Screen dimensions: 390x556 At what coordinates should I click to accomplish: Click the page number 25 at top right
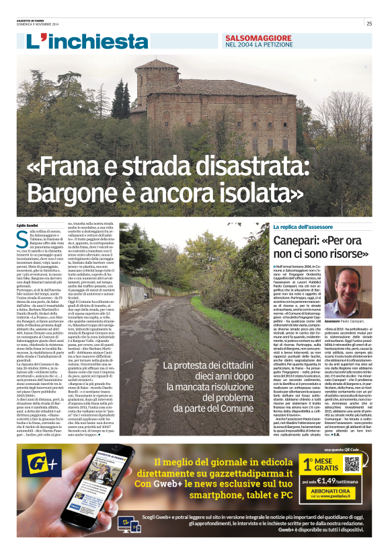point(369,24)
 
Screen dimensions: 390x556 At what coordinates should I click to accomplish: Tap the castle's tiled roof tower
point(156,68)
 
